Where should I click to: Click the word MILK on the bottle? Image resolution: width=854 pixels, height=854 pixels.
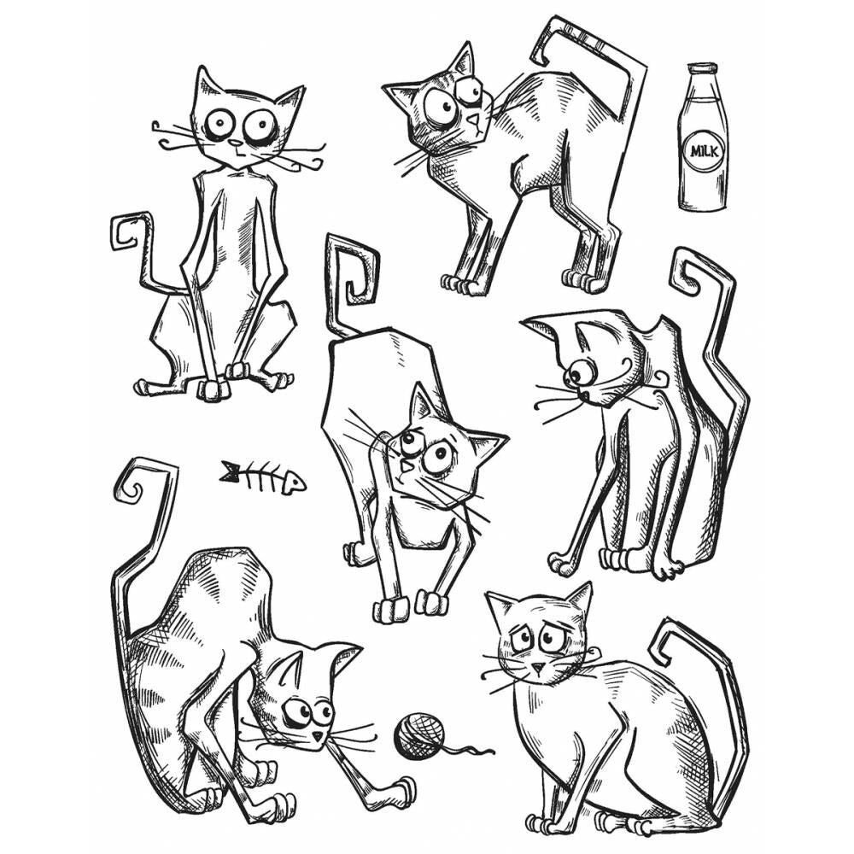tap(705, 151)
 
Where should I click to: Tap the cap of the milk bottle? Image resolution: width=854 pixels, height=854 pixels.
tap(703, 68)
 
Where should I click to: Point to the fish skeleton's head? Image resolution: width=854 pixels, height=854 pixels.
tap(293, 483)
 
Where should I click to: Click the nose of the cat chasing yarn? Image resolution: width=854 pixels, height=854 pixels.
tap(318, 734)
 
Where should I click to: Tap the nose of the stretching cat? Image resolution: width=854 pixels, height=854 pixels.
tap(407, 468)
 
